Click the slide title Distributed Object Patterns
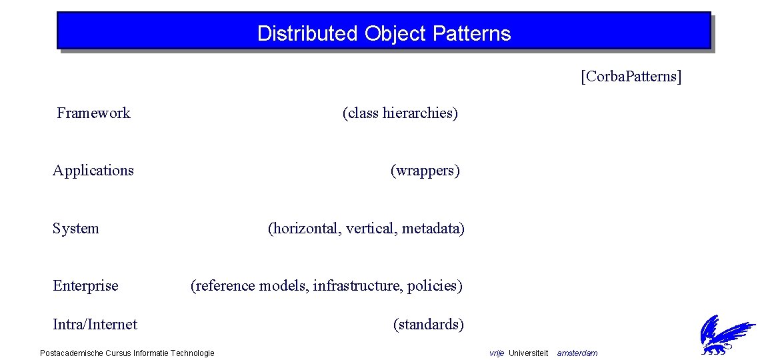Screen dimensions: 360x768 click(383, 33)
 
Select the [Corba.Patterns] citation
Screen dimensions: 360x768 click(631, 77)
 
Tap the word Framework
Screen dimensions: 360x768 click(93, 113)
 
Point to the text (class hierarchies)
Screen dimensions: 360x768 click(400, 113)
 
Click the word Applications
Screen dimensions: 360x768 click(93, 171)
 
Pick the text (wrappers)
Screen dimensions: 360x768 click(425, 171)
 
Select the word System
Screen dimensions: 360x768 click(76, 229)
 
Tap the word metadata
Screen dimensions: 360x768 click(432, 229)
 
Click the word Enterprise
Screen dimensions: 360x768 click(85, 286)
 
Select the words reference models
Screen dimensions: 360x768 click(251, 286)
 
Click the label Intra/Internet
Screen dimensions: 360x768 click(95, 325)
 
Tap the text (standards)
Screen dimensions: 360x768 click(428, 325)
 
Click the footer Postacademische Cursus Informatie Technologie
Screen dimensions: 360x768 click(127, 353)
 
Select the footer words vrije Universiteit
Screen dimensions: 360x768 click(519, 353)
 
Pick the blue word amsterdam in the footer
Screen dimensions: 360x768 click(577, 353)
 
